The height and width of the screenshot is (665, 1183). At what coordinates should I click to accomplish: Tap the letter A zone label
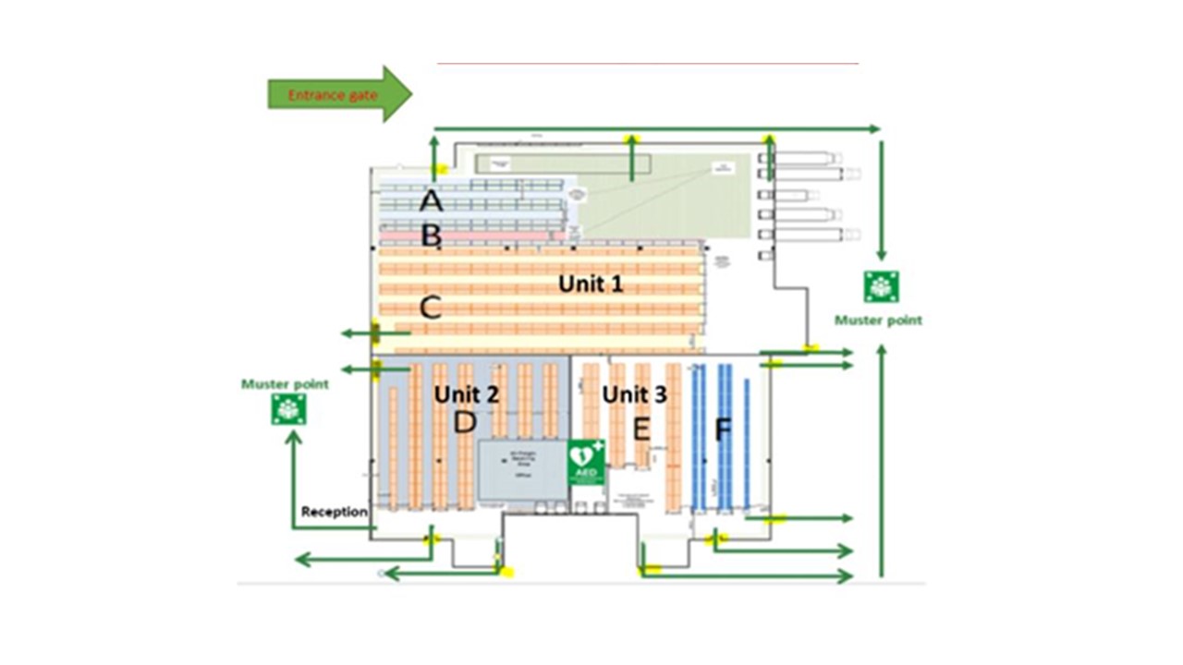[431, 200]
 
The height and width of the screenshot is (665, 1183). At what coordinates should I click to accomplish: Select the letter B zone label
[431, 235]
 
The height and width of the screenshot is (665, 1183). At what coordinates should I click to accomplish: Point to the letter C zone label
[430, 308]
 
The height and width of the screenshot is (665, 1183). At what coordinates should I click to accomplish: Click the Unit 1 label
[591, 284]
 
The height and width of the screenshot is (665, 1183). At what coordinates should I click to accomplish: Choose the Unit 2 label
[467, 394]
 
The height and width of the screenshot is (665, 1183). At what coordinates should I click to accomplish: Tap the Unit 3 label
[634, 394]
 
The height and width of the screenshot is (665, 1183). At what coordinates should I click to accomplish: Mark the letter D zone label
[465, 423]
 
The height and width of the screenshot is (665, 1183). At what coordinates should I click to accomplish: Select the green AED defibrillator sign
[586, 459]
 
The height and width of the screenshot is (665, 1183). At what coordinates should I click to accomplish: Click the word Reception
[335, 512]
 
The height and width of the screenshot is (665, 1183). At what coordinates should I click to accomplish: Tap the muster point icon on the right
[881, 286]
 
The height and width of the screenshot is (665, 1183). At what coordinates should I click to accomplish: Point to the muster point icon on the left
[288, 408]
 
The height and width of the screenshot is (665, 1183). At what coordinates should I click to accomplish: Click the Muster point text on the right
[878, 320]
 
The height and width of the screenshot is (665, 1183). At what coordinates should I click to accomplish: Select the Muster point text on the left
[285, 383]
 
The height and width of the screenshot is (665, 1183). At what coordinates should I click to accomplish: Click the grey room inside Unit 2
[522, 469]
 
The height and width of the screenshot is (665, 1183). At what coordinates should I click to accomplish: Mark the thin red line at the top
[647, 64]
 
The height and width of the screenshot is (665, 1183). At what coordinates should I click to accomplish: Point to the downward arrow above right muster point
[881, 199]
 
